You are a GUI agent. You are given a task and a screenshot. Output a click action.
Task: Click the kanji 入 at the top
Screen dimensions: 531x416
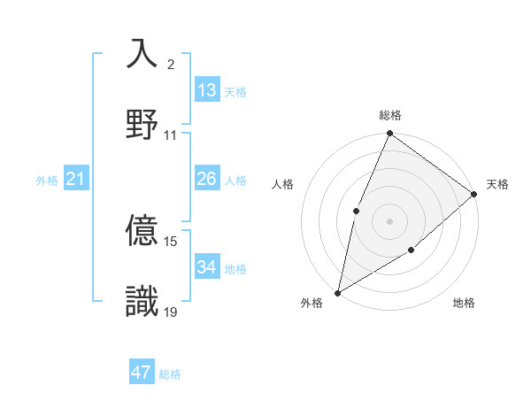coord(142,53)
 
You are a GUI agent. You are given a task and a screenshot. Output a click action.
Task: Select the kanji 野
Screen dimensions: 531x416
coord(142,123)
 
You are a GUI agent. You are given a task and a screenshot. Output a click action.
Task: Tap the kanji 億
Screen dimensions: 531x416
coord(142,230)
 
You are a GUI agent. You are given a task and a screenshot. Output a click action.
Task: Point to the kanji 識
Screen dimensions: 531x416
coord(142,300)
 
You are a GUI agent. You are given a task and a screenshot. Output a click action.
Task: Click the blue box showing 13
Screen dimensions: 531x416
coord(207,90)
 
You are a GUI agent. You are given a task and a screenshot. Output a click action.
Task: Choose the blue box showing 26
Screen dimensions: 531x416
coord(207,179)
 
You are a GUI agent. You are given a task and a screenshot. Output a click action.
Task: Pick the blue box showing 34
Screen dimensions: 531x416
coord(207,266)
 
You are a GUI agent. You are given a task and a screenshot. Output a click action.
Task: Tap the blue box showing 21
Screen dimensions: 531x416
coord(75,179)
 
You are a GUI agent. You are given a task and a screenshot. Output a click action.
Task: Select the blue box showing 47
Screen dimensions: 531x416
coord(142,373)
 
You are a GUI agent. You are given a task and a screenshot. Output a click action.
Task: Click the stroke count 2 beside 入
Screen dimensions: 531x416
coord(171,65)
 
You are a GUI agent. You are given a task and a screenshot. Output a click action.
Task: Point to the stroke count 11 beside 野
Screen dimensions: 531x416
coord(171,135)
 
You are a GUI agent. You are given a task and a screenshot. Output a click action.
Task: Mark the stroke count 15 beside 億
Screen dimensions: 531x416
coord(171,241)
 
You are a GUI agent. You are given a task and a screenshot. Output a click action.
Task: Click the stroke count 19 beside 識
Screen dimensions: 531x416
coord(171,312)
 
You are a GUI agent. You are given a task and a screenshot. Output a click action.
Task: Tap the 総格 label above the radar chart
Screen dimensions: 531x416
coord(389,115)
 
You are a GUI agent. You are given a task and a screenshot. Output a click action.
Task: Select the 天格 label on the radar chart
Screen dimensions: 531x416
coord(497,184)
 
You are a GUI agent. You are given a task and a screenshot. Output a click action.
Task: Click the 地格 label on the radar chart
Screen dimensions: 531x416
coord(464,303)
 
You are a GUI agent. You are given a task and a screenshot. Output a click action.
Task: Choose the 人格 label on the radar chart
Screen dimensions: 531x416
coord(283,184)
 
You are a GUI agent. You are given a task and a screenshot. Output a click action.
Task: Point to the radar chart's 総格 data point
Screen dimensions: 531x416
coord(389,134)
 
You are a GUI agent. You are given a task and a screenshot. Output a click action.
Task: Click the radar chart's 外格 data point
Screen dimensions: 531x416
coord(337,292)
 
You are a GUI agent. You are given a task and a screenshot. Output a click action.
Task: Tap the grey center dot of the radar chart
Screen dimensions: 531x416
coord(389,220)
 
